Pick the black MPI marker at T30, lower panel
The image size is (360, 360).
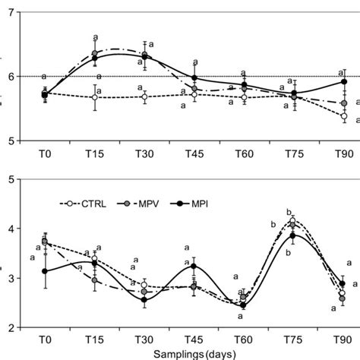[144, 300]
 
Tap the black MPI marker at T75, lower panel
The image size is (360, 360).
[293, 235]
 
